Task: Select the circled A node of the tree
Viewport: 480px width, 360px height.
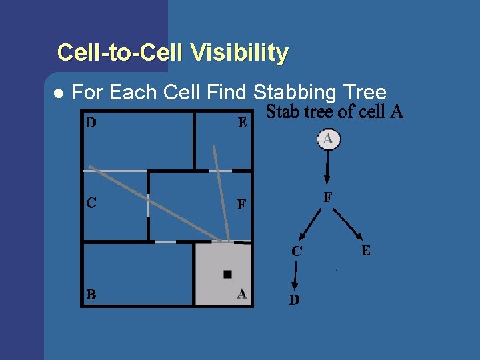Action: point(328,139)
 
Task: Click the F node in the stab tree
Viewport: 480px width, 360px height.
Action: point(327,197)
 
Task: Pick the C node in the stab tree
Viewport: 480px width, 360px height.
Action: point(297,251)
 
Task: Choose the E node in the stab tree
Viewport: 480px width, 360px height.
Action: point(366,251)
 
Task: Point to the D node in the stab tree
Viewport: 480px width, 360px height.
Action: point(294,300)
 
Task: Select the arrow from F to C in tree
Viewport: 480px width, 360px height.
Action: point(311,223)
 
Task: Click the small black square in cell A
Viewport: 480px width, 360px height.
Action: point(227,274)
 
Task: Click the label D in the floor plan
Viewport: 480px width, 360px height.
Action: point(90,122)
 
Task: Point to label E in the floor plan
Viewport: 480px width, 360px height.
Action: point(242,123)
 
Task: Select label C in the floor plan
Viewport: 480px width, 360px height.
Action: point(91,203)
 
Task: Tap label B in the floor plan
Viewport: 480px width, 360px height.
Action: point(91,294)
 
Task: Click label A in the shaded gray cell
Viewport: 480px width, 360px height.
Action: point(241,293)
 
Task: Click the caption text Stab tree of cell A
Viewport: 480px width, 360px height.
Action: point(334,112)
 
